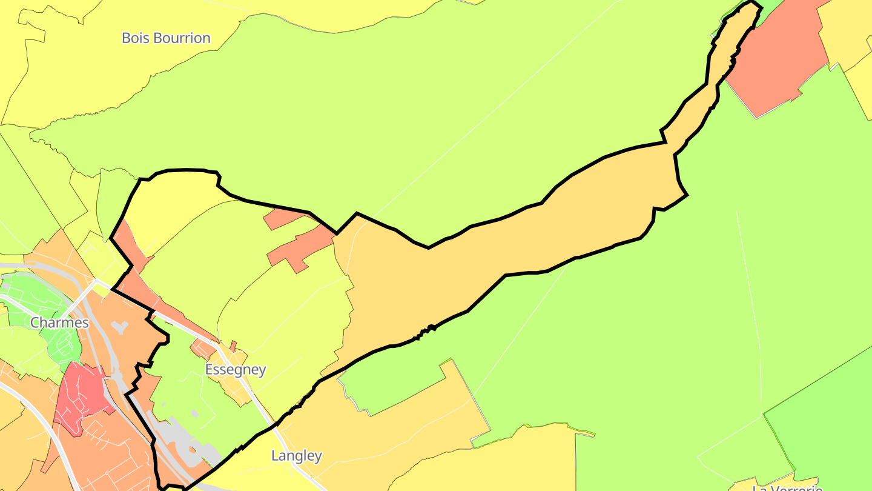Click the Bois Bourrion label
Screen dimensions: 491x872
pos(166,38)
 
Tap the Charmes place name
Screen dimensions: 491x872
pos(59,322)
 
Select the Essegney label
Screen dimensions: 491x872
pos(236,370)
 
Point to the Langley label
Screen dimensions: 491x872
pos(296,456)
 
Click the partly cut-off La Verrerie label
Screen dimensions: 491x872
pos(787,487)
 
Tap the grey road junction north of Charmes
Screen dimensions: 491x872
pos(97,282)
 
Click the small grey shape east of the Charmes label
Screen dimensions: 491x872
pos(120,327)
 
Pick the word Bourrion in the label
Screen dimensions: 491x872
pos(182,38)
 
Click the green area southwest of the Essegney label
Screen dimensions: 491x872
pos(182,388)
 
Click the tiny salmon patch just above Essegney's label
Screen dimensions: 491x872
pos(233,346)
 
